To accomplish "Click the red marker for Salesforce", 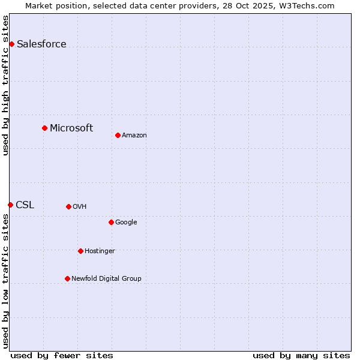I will [x=11, y=44].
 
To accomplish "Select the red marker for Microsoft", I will [x=44, y=128].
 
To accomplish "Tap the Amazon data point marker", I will [x=118, y=135].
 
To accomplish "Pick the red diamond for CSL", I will [x=10, y=205].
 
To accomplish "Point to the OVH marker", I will [x=68, y=206].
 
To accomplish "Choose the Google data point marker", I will [x=111, y=222].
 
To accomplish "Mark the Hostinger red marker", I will [x=80, y=251].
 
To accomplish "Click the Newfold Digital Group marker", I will [x=67, y=278].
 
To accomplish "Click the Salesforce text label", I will [x=41, y=44].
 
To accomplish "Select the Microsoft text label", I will [x=71, y=128].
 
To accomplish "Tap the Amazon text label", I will [x=134, y=135].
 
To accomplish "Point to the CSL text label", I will [x=25, y=205].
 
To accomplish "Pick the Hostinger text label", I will [x=100, y=251].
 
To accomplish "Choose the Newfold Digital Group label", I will [x=106, y=278].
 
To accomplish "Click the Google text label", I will [x=126, y=222].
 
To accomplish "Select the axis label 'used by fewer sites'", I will [x=62, y=355].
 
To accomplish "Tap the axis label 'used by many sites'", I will [x=301, y=355].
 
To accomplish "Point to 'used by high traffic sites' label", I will [x=6, y=85].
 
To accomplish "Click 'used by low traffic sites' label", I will [x=6, y=282].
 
